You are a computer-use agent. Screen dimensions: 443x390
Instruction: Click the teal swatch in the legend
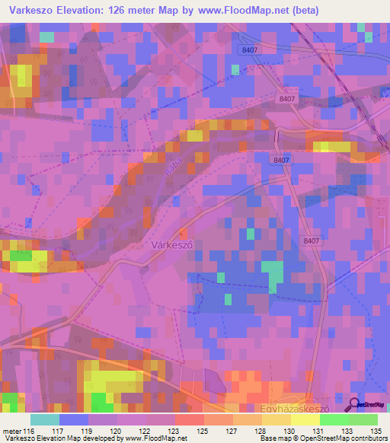coord(45,420)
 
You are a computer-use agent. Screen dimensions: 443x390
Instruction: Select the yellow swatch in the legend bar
coord(305,420)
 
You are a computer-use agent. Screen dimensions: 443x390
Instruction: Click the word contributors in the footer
coord(369,438)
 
